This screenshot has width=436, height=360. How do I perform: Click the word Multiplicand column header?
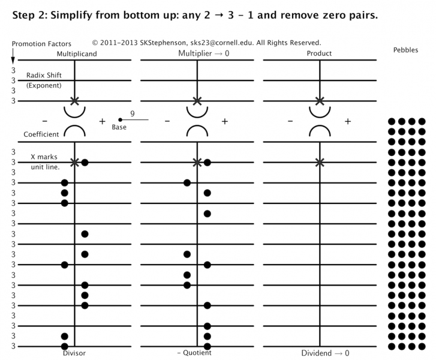(x=77, y=54)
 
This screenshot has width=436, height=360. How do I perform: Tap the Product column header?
(x=319, y=54)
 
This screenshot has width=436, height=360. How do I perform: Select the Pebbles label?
(x=406, y=50)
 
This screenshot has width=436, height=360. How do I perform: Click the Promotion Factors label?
(x=42, y=44)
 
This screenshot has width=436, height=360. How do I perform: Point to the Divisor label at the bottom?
(x=74, y=353)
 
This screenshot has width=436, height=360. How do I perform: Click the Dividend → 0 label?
(x=324, y=354)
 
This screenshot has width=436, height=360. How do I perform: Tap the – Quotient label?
(x=194, y=353)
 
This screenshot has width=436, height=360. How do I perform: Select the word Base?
(x=119, y=127)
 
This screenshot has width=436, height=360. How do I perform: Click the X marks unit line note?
(x=44, y=161)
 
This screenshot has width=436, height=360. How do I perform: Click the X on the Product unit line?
(x=319, y=162)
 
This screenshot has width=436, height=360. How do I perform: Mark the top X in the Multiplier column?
(x=197, y=101)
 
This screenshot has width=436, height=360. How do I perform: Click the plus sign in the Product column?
(x=348, y=121)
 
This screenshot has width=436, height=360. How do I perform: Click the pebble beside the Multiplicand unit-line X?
(x=85, y=162)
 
